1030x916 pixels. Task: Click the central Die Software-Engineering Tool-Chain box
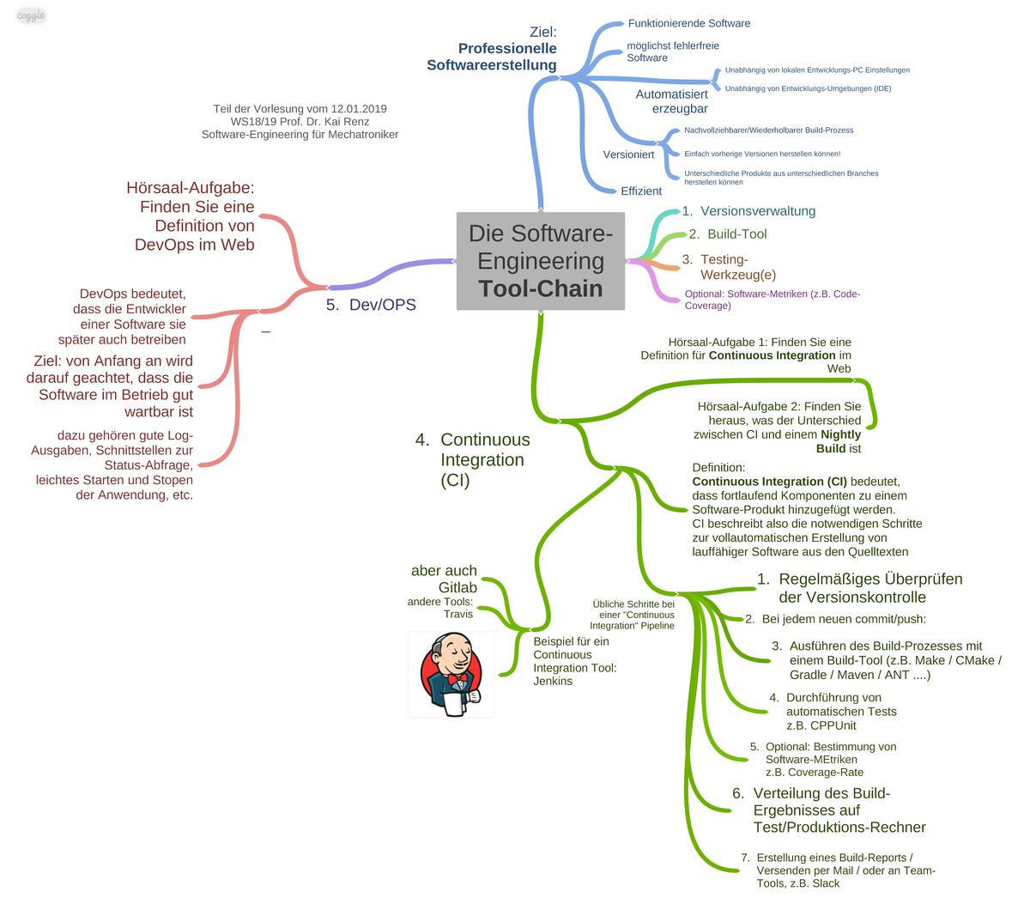(540, 261)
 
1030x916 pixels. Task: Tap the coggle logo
(31, 15)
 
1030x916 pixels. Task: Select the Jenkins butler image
(451, 674)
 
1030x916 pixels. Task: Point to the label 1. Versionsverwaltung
(748, 211)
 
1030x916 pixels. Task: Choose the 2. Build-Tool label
(728, 234)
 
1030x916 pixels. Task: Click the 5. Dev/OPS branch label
(371, 304)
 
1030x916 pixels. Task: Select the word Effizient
(640, 191)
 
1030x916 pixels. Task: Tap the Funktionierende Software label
(689, 23)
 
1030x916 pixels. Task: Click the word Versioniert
(628, 155)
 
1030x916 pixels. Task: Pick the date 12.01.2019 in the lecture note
(359, 109)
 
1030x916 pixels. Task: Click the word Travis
(458, 614)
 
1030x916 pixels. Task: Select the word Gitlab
(457, 587)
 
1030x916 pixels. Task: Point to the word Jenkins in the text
(553, 681)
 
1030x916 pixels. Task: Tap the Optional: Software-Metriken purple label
(772, 300)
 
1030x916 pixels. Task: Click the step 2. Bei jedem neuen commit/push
(835, 619)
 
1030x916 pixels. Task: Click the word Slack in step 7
(825, 883)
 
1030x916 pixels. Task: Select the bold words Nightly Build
(839, 441)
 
